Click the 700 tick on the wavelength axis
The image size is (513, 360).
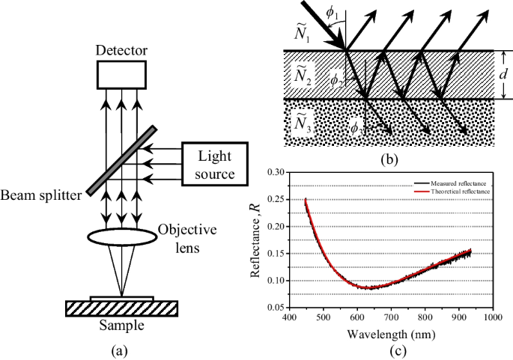tap(391, 317)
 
